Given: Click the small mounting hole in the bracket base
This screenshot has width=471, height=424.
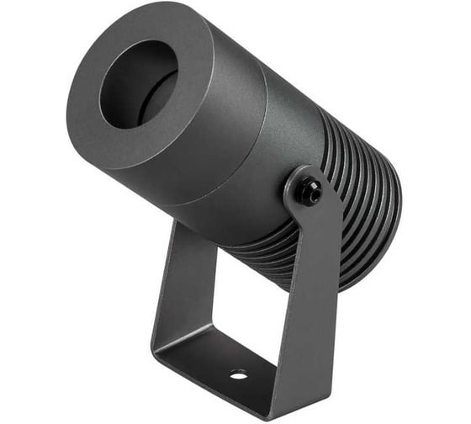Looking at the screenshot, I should click(x=238, y=373).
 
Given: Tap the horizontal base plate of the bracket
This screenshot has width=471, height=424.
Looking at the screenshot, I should click(x=219, y=362).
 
